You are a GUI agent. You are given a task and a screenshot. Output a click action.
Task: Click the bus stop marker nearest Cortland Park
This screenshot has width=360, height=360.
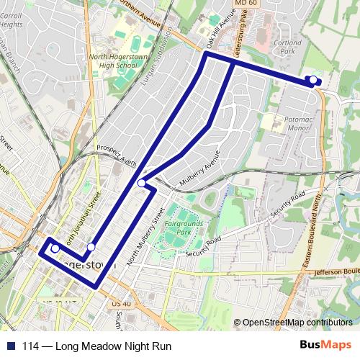point(313,80)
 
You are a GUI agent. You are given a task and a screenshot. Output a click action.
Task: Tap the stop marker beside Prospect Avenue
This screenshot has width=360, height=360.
point(143,184)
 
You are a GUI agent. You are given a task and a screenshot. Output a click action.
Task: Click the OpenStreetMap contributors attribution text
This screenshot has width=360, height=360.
point(297,323)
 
